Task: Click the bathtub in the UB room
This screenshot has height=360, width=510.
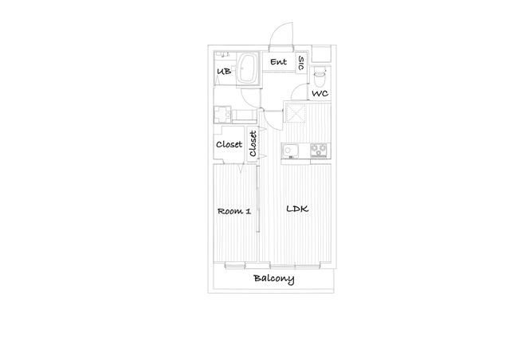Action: (247, 69)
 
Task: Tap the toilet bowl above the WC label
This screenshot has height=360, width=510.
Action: (320, 76)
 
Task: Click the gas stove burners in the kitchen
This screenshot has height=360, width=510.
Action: (319, 150)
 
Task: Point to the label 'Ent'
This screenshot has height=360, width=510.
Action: (279, 62)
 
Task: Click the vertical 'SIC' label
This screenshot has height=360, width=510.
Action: (301, 63)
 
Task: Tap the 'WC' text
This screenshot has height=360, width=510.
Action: (320, 94)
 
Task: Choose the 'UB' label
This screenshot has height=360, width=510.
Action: (224, 71)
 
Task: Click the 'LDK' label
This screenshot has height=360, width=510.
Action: (297, 209)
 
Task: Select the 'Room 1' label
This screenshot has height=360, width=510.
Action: (234, 211)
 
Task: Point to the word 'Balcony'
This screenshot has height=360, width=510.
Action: (274, 279)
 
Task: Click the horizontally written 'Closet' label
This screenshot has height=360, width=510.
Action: (229, 144)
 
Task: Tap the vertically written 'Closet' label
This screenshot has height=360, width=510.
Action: (253, 143)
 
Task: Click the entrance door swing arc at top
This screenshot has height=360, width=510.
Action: (277, 29)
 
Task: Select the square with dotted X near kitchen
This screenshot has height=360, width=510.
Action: (296, 112)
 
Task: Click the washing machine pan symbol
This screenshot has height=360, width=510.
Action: (222, 115)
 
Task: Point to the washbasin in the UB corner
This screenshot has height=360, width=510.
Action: (222, 54)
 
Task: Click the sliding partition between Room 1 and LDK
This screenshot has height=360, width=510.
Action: (257, 198)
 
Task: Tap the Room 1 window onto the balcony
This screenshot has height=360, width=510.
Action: (235, 266)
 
